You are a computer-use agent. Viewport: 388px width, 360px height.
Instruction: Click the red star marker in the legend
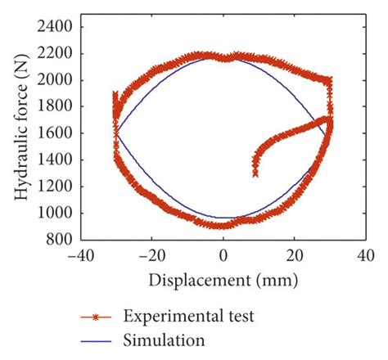tap(96, 315)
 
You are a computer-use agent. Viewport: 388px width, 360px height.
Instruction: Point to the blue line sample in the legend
tap(96, 338)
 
